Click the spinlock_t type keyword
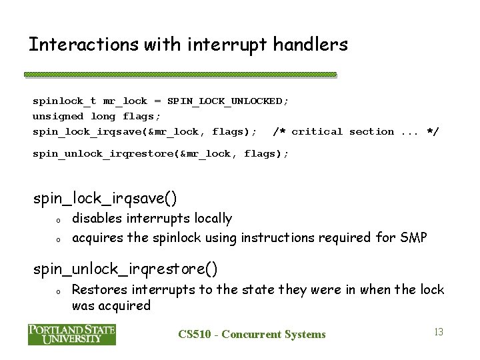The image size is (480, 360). pos(65,101)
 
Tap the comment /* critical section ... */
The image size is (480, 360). pos(356,131)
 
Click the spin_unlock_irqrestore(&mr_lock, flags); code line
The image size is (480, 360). pos(161,153)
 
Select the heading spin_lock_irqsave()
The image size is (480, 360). pos(105,198)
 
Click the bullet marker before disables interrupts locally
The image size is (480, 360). pos(58,220)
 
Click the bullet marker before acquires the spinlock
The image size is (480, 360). pos(58,237)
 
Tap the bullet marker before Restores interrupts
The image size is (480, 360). pos(58,291)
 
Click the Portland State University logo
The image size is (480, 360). pos(72,334)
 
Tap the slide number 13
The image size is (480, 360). pos(438,331)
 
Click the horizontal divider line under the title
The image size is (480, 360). pos(180,75)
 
